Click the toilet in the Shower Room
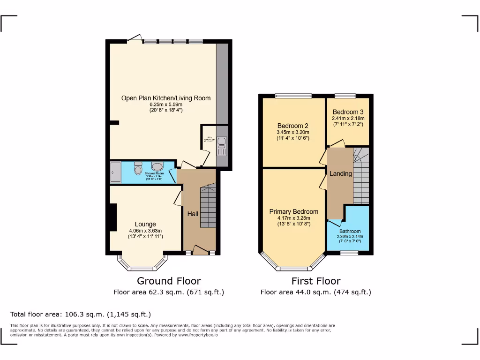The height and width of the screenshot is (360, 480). click(138, 168)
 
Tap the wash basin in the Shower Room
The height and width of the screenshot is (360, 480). click(157, 167)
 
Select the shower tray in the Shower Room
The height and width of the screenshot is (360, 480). click(115, 172)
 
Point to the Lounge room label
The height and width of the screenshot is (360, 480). click(145, 224)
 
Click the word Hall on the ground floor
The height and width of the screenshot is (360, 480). click(193, 214)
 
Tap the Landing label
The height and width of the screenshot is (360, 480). click(340, 173)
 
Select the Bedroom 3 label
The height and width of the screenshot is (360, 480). click(348, 112)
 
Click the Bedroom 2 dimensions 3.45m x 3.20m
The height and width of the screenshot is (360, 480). click(292, 133)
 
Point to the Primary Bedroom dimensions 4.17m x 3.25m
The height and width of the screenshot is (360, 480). click(293, 217)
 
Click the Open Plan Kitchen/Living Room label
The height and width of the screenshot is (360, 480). click(166, 98)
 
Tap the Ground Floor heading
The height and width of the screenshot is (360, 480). click(169, 281)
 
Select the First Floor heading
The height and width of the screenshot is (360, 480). click(315, 281)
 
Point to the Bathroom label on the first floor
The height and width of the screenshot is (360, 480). click(350, 231)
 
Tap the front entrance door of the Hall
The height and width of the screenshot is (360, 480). click(201, 249)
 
